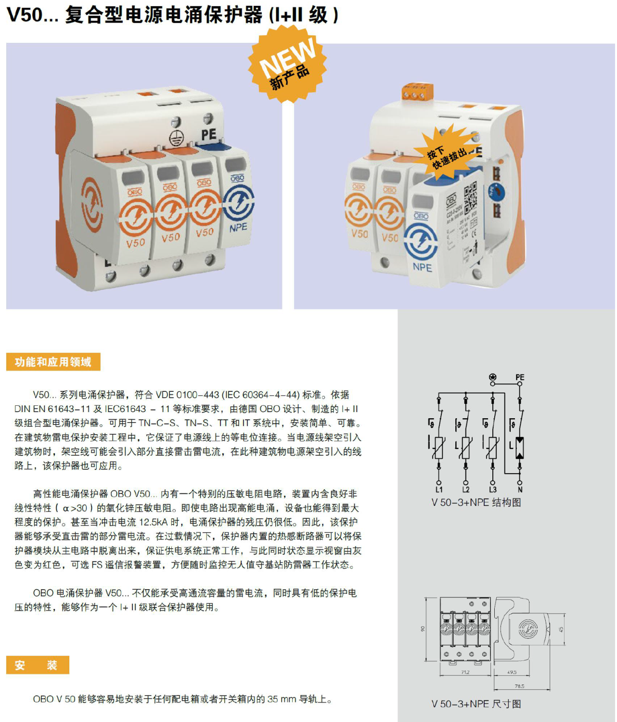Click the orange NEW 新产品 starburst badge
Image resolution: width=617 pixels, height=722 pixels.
pos(287,64)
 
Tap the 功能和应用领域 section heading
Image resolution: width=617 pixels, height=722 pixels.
pos(53,362)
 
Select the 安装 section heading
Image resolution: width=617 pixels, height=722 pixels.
pos(38,665)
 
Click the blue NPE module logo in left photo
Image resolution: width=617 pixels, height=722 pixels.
pos(238,202)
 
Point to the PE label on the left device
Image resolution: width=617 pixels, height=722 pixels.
pos(209,134)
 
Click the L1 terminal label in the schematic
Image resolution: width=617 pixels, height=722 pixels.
pos(439,490)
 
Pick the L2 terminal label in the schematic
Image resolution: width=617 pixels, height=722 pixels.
pos(466,490)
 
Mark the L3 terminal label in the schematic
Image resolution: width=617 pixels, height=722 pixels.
pos(493,490)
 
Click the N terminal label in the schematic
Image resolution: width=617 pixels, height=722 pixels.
pos(520,490)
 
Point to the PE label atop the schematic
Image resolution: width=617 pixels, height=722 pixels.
pos(520,377)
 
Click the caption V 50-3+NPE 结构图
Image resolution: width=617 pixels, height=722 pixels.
pos(476,503)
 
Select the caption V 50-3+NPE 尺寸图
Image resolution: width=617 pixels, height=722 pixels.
pos(476,704)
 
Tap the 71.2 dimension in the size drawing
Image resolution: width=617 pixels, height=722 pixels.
pos(465,672)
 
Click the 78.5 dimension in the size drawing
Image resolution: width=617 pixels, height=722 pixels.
pos(519,686)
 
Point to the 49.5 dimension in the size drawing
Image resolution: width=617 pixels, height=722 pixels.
pos(512,672)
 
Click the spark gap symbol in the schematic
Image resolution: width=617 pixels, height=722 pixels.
pos(520,448)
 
